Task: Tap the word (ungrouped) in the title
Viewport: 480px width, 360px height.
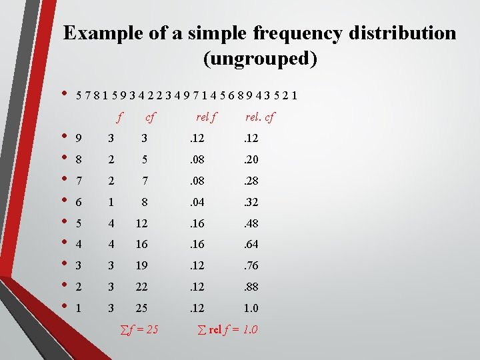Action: click(x=260, y=59)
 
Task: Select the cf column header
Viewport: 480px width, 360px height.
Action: click(x=150, y=117)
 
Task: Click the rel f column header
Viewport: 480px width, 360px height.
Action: click(x=205, y=117)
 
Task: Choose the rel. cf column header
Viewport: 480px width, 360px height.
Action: click(x=259, y=117)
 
